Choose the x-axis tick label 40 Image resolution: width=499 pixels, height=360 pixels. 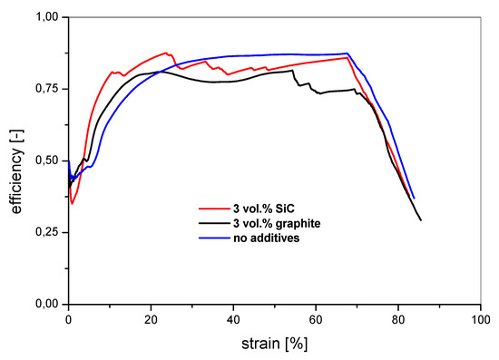(x=233, y=320)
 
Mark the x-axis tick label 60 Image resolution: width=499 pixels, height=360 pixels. (x=316, y=320)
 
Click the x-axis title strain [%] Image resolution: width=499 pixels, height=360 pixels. (x=275, y=345)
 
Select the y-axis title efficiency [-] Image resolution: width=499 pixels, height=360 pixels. (x=13, y=161)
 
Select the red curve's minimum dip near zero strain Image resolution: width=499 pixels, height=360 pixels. (x=72, y=203)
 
